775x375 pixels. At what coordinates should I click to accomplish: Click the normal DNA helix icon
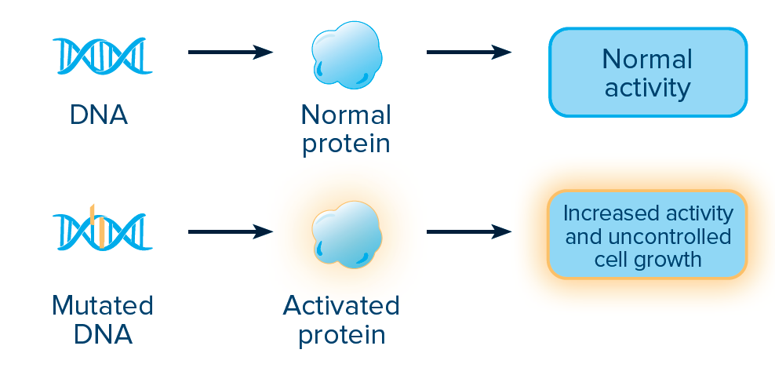coord(102,56)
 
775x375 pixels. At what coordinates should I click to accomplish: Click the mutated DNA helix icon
coord(102,231)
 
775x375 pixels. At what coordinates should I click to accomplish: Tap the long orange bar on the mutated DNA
coord(101,231)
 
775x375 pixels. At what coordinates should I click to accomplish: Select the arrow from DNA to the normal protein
coord(231,52)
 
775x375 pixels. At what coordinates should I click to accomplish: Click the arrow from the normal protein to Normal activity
coord(468,52)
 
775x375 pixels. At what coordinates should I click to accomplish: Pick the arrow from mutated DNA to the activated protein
coord(231,231)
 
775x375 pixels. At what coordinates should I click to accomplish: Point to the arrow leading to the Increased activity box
coord(468,231)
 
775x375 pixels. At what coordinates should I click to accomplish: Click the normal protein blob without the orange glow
coord(347,55)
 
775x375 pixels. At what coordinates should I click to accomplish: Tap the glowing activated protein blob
coord(347,235)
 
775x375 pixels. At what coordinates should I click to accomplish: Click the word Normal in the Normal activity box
coord(647,60)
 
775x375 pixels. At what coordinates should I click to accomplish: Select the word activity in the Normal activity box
coord(647,88)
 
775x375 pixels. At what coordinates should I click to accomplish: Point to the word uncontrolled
coord(669,236)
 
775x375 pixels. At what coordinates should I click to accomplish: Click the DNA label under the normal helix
coord(99,115)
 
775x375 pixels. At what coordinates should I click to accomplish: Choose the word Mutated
coord(102,305)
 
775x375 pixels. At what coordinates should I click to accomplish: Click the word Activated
coord(341,305)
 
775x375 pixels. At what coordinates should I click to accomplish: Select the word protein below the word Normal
coord(346,144)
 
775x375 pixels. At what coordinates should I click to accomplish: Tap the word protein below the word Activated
coord(341,335)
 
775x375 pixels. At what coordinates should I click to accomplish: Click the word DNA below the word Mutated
coord(103,334)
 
